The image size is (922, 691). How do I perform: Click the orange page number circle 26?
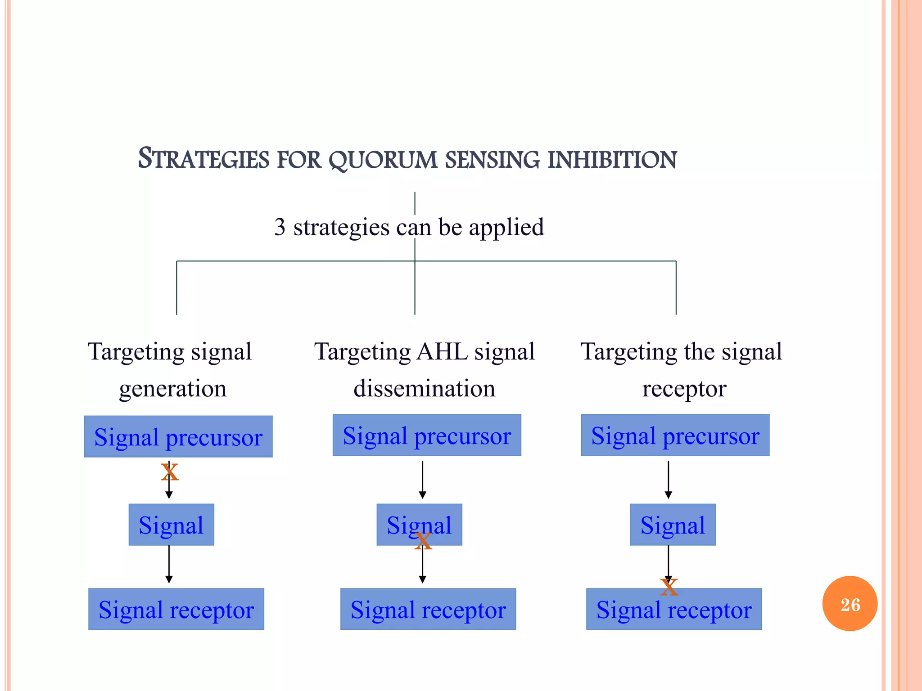(x=850, y=604)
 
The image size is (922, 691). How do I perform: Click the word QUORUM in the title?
(x=383, y=160)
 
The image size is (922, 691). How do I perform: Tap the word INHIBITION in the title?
(x=612, y=160)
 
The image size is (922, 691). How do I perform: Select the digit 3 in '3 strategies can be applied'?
(x=280, y=227)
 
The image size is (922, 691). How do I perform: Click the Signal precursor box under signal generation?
(x=178, y=436)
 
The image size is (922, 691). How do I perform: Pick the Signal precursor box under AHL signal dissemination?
(x=427, y=435)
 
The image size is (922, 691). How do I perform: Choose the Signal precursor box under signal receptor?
(x=675, y=435)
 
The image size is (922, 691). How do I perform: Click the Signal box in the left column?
(x=171, y=525)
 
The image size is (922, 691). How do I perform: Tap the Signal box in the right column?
(x=673, y=525)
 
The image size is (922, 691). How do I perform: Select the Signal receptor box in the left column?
(x=176, y=609)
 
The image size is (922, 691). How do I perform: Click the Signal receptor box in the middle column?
(x=428, y=609)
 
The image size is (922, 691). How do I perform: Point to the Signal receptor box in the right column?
(x=674, y=609)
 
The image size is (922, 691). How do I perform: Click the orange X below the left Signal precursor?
(x=170, y=472)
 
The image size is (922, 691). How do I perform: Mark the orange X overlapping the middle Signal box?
(x=423, y=541)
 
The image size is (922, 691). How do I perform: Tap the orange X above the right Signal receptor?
(x=669, y=587)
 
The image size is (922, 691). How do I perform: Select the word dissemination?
(x=424, y=388)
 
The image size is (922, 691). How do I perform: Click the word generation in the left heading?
(x=173, y=388)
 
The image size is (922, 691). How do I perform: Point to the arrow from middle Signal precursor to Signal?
(x=422, y=479)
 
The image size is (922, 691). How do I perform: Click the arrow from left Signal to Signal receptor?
(x=169, y=564)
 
